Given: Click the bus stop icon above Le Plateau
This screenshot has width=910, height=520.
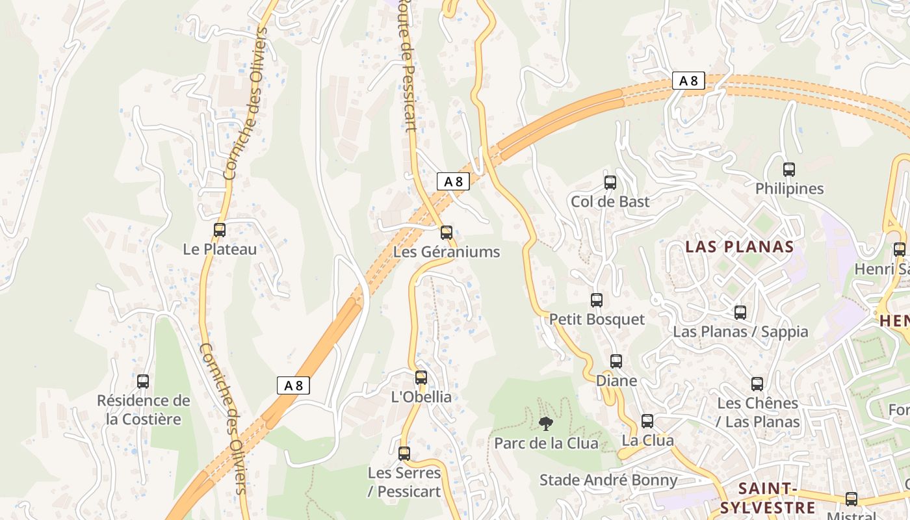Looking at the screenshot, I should pyautogui.click(x=220, y=230).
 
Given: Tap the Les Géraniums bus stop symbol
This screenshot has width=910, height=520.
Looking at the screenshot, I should pyautogui.click(x=447, y=233).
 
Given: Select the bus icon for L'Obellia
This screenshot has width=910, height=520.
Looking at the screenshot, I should pyautogui.click(x=421, y=378).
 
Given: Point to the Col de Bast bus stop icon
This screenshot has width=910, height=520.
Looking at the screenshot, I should pyautogui.click(x=610, y=183).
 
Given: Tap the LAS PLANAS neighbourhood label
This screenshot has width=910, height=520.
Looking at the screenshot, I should pyautogui.click(x=740, y=247).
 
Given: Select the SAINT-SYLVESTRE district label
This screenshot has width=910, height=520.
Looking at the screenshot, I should pyautogui.click(x=768, y=498).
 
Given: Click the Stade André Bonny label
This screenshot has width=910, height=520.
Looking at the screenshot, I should pyautogui.click(x=608, y=480).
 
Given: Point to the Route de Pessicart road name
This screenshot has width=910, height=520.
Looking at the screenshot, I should pyautogui.click(x=407, y=65).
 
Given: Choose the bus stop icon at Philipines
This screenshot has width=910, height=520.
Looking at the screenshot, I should pyautogui.click(x=789, y=170).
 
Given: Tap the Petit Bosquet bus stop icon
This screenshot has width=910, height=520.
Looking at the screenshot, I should pyautogui.click(x=597, y=300).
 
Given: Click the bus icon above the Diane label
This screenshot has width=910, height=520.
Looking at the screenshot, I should pyautogui.click(x=616, y=361).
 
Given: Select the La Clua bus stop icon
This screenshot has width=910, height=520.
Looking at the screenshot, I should pyautogui.click(x=647, y=421).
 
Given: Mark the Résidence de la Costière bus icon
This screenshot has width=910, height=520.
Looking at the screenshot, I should pyautogui.click(x=143, y=382).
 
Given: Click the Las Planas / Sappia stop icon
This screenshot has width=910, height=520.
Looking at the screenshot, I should pyautogui.click(x=740, y=313).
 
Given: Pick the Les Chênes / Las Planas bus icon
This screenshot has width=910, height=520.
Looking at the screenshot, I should pyautogui.click(x=757, y=384).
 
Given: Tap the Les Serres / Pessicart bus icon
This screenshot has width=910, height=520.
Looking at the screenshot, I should pyautogui.click(x=404, y=454).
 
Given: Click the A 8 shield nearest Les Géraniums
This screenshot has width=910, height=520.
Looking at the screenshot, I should pyautogui.click(x=453, y=181).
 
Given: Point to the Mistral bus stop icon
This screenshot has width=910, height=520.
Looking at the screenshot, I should pyautogui.click(x=851, y=499).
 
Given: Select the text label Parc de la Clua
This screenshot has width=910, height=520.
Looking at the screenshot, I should pyautogui.click(x=546, y=443).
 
